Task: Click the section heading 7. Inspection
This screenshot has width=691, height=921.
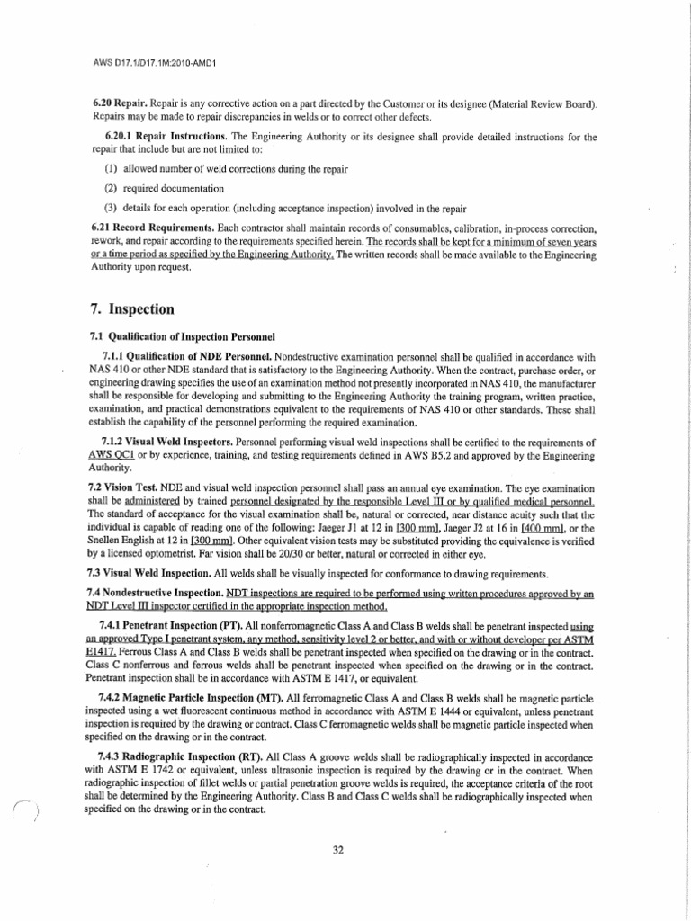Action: [x=132, y=308]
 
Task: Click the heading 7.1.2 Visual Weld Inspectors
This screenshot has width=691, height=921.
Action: [x=167, y=443]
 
